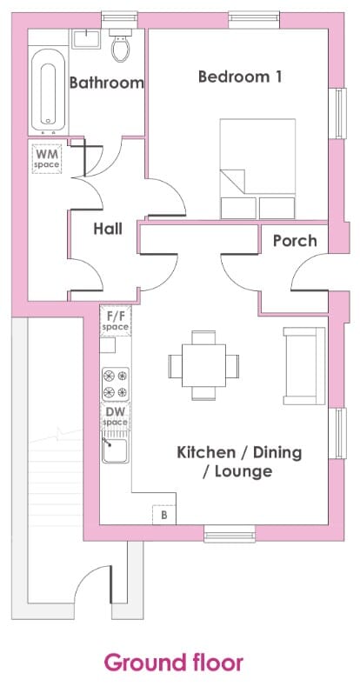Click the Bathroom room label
pos(107,83)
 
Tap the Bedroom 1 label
pos(240,77)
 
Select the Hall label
pos(108,229)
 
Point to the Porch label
pos(295,241)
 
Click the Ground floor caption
pos(174,663)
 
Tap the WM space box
pos(46,158)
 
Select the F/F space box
pos(116,321)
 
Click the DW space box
pos(116,416)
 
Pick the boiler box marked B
pos(164,515)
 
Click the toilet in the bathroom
pos(120,44)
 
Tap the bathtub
pos(48,92)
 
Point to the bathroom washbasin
pos(87,38)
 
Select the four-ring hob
pos(116,384)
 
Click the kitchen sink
pos(116,450)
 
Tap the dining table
pos(203,365)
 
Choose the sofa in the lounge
pos(304,365)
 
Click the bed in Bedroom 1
pos(258,169)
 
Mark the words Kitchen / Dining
pos(239,452)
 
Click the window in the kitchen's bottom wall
pos(230,534)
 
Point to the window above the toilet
pos(120,20)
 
